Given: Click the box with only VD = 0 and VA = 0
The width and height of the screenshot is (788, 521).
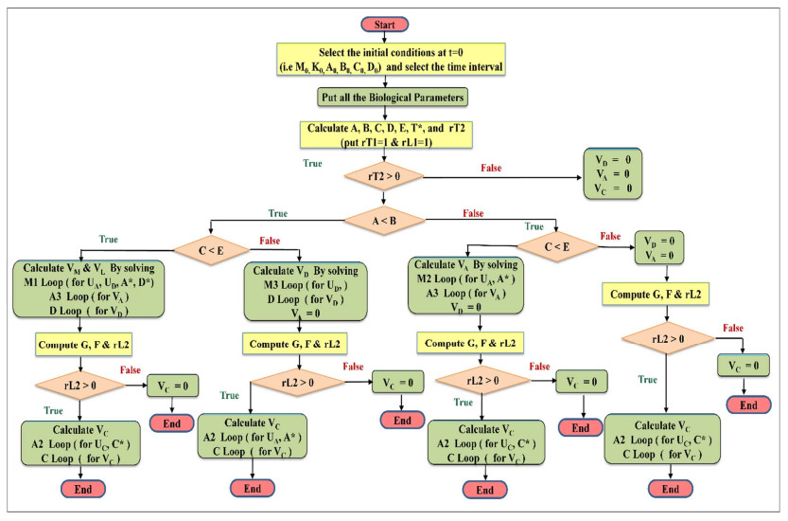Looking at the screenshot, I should click(x=658, y=248).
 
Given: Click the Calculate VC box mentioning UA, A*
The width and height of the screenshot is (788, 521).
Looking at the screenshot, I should click(x=253, y=440).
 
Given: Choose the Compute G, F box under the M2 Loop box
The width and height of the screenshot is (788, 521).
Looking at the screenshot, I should click(x=468, y=341).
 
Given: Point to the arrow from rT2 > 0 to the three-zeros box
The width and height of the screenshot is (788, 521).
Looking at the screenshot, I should click(x=501, y=176).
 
